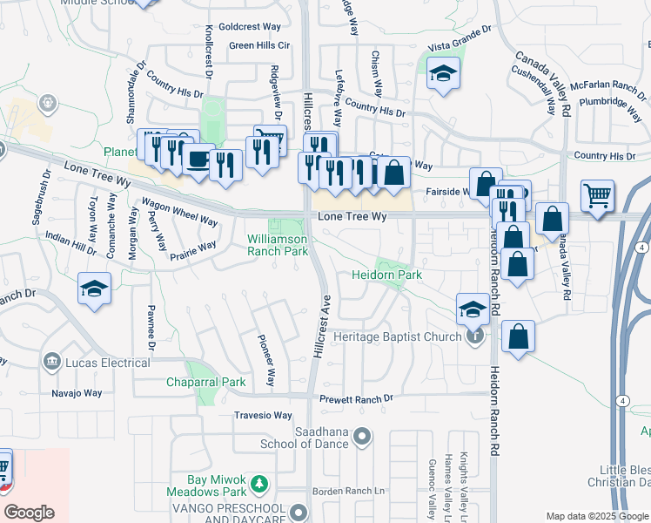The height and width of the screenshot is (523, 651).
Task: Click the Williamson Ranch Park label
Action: pyautogui.click(x=278, y=244)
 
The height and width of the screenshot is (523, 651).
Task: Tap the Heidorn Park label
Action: pyautogui.click(x=386, y=275)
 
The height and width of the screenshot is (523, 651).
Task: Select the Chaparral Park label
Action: pyautogui.click(x=206, y=382)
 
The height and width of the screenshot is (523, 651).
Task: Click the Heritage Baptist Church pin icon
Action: pyautogui.click(x=474, y=336)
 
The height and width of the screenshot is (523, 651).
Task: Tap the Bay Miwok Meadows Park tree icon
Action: pyautogui.click(x=258, y=483)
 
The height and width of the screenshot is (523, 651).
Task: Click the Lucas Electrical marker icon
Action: pyautogui.click(x=51, y=362)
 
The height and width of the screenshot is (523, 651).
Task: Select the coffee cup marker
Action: pyautogui.click(x=198, y=159)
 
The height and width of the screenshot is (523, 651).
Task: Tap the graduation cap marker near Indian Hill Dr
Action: pyautogui.click(x=94, y=289)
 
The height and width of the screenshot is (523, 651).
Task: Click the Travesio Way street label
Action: pyautogui.click(x=263, y=416)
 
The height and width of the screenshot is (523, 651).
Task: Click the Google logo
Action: pyautogui.click(x=30, y=513)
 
